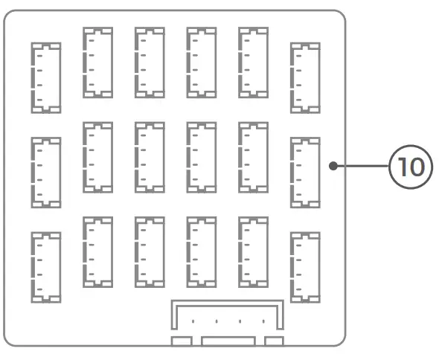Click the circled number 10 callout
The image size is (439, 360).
coord(410,166)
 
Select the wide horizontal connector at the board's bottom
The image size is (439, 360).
coord(228,316)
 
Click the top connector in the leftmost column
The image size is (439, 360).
coord(46,77)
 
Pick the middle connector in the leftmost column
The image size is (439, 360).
coord(46,172)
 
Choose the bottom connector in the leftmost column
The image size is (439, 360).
coord(46,267)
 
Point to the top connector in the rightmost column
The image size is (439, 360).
coord(305,77)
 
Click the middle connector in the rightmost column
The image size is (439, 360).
coord(305,172)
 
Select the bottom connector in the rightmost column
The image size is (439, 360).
coord(305,267)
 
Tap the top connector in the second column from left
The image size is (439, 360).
coord(97,62)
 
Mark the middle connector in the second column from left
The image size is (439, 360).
coord(97,157)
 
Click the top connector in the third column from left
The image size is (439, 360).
coord(150,62)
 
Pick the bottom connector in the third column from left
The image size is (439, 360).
coord(150,251)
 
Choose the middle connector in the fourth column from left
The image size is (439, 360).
coord(202,157)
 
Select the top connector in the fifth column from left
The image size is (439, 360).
coord(253,62)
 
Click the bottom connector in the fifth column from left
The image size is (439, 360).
coord(253,251)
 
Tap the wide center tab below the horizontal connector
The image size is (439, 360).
coord(228,341)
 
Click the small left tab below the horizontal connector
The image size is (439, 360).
coord(182,341)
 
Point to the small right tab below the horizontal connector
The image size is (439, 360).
coord(274,341)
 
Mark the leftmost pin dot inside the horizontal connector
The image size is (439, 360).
coord(193,321)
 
